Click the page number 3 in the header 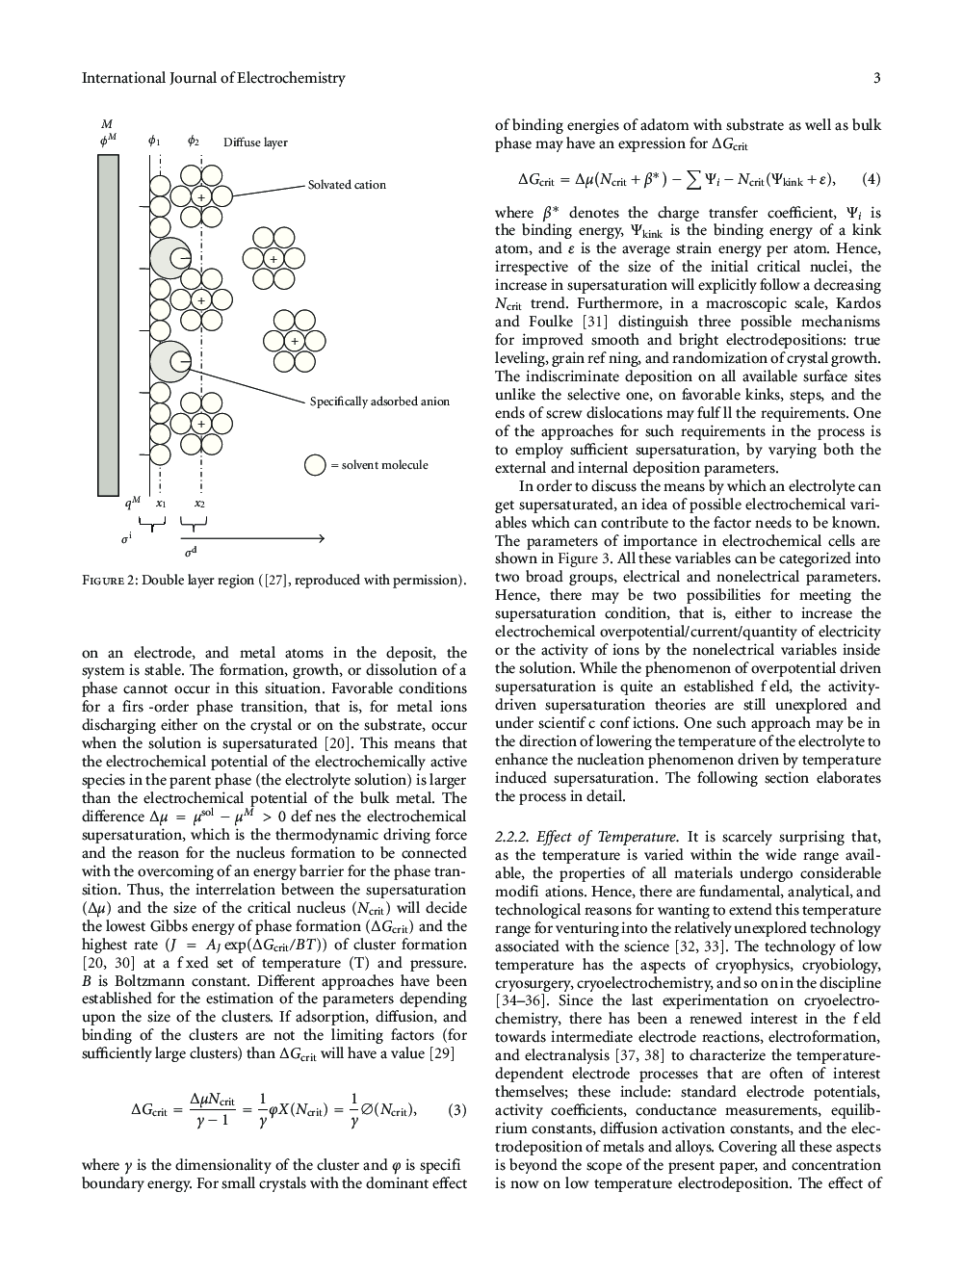coord(876,78)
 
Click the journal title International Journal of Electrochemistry coord(213,78)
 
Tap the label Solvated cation coord(347,185)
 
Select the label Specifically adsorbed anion coord(379,402)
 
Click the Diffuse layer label coord(255,143)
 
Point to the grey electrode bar coord(108,324)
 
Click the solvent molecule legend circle coord(315,465)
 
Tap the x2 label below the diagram coord(199,503)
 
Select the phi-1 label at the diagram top coord(154,142)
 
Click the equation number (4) coord(871,179)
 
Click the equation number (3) coord(457,1110)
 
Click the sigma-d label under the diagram coord(191,553)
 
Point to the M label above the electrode coord(107,123)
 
